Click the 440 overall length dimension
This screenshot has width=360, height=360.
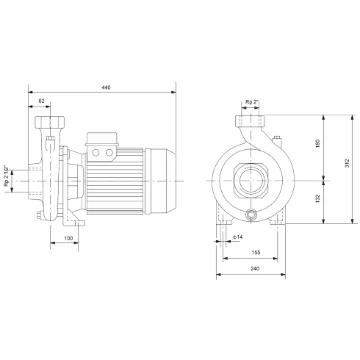click(x=106, y=87)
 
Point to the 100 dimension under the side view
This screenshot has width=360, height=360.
click(x=68, y=239)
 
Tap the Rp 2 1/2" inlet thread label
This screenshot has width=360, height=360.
click(x=7, y=176)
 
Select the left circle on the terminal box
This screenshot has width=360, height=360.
click(x=98, y=152)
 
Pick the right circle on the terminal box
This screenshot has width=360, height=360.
click(x=109, y=152)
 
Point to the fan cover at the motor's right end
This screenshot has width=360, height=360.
click(x=160, y=179)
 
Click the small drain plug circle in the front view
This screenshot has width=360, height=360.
click(x=252, y=215)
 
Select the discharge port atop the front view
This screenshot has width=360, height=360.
click(x=250, y=120)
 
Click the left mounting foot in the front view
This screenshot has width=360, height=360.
click(x=221, y=217)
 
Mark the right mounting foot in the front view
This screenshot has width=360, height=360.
click(x=278, y=217)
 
